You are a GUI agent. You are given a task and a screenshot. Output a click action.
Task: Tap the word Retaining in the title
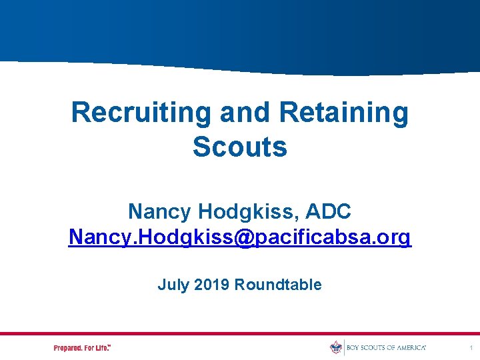click(343, 112)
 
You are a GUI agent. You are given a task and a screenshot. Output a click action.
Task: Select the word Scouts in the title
click(240, 147)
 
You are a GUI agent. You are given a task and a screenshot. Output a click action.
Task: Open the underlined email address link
click(240, 237)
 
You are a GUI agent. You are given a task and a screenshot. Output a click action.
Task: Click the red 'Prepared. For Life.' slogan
click(82, 348)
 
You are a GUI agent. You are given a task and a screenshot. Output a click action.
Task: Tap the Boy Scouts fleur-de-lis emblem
click(336, 347)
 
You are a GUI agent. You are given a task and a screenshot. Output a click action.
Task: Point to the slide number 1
click(471, 348)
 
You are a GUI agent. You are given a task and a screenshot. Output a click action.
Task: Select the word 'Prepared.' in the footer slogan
click(68, 348)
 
